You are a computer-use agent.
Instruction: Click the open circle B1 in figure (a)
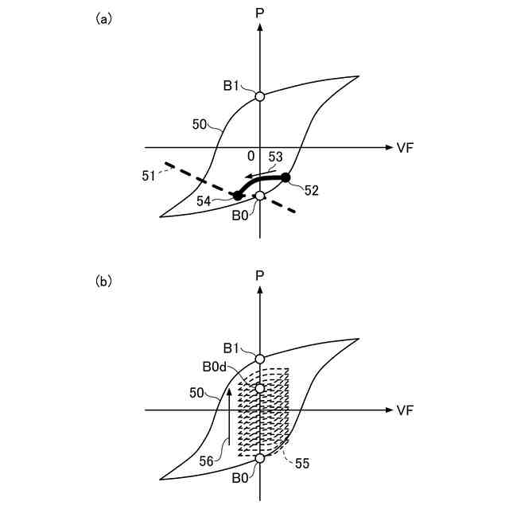[x=259, y=96]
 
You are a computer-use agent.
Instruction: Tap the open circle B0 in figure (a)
[x=259, y=196]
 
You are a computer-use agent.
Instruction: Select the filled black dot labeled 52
[x=286, y=177]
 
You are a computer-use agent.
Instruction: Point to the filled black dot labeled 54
[x=237, y=195]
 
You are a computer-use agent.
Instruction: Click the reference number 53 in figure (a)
[x=275, y=157]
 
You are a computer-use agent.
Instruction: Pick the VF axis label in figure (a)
[x=404, y=147]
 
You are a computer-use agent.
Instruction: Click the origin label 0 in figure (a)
[x=251, y=156]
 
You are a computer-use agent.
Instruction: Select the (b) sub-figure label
[x=103, y=281]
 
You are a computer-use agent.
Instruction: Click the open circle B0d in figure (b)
[x=259, y=388]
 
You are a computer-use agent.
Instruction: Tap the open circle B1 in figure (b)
[x=259, y=359]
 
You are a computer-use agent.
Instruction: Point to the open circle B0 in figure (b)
[x=259, y=458]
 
